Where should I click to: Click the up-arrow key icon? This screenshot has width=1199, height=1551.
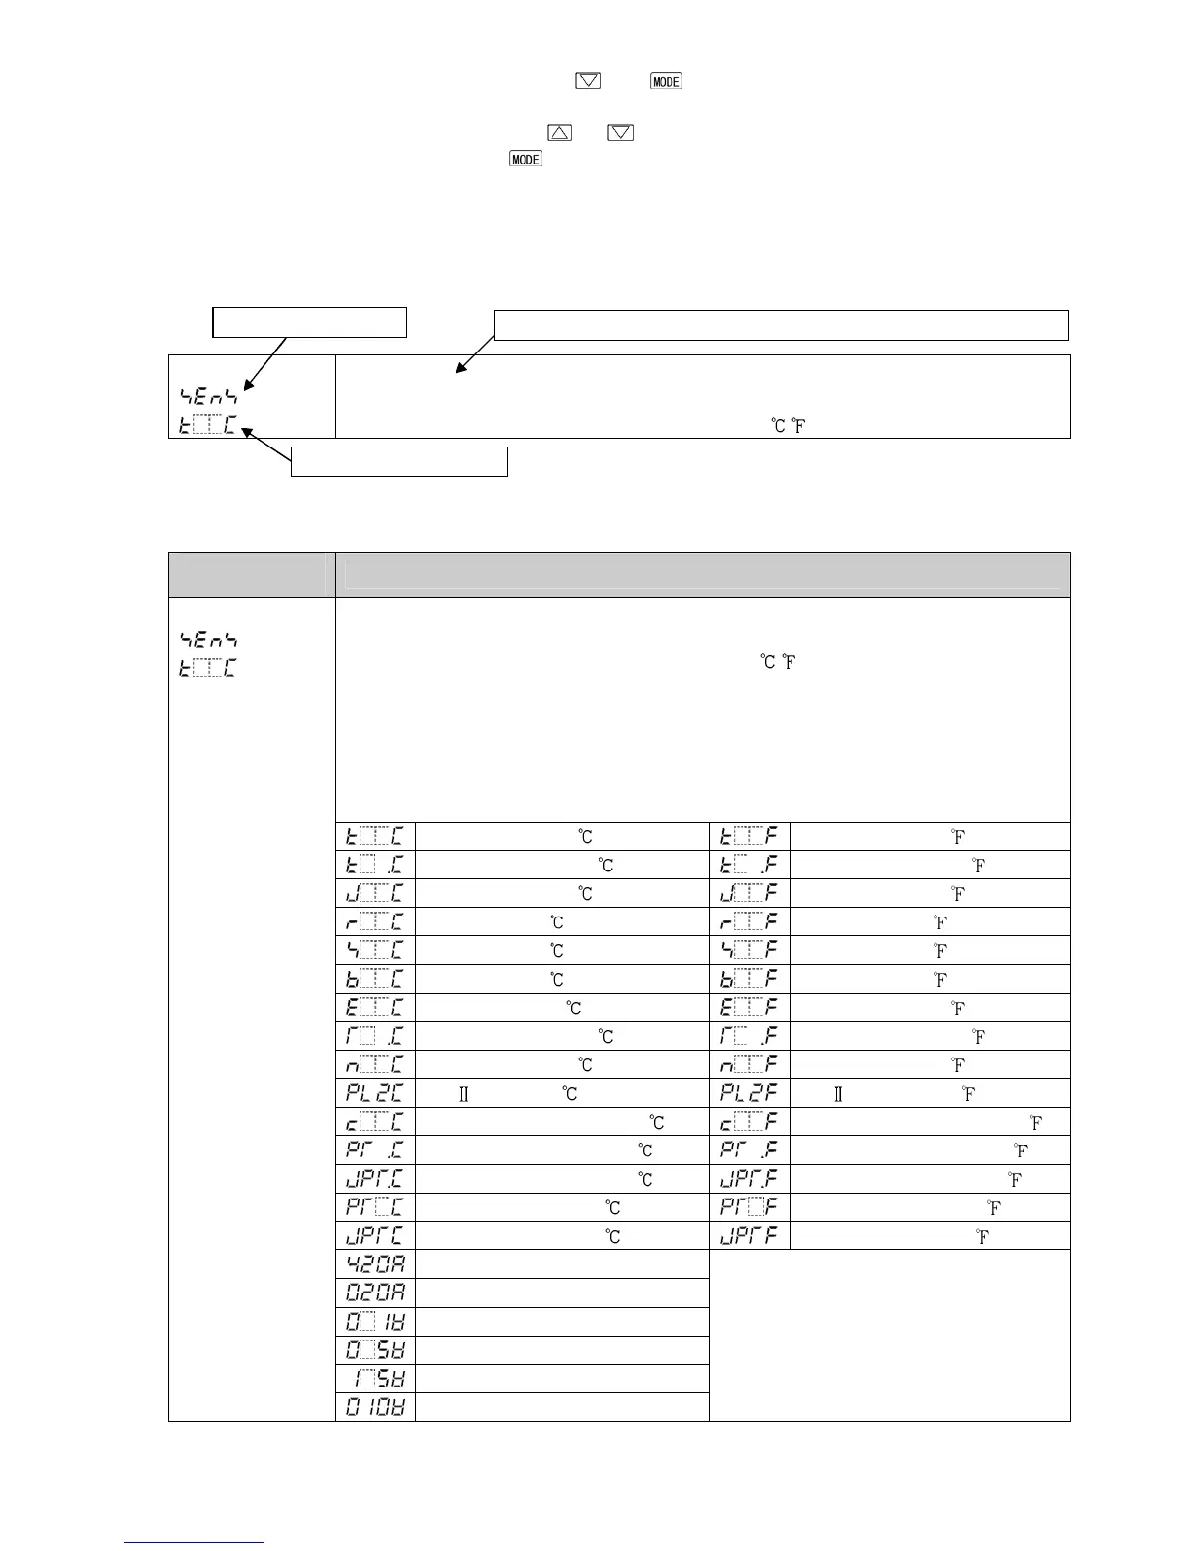click(558, 131)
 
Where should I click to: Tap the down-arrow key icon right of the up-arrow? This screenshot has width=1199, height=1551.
click(620, 131)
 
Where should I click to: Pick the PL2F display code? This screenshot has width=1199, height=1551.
click(748, 1094)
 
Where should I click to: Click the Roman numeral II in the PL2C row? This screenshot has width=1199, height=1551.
click(464, 1094)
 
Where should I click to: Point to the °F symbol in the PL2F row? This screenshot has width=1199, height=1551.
click(968, 1094)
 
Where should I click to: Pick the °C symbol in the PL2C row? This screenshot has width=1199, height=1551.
click(569, 1094)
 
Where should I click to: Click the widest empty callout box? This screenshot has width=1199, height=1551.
click(780, 325)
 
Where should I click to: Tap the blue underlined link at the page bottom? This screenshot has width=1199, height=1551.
click(194, 1542)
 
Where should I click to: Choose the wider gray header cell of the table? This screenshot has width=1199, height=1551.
click(701, 575)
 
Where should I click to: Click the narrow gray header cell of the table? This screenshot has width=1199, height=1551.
click(252, 575)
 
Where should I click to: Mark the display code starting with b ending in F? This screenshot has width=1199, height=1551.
click(748, 979)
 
